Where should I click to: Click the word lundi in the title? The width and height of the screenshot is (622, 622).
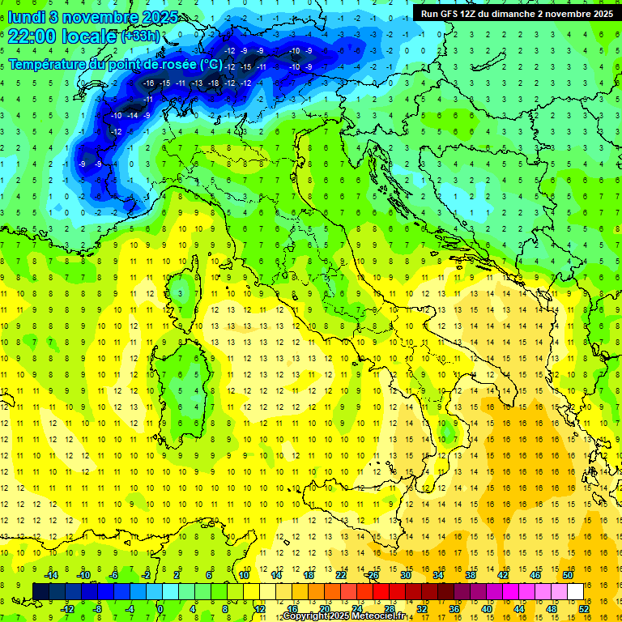(27, 18)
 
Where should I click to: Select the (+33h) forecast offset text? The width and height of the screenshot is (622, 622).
(140, 36)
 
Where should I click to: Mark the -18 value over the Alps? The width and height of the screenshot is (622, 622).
(213, 83)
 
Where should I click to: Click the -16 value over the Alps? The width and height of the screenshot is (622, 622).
(148, 83)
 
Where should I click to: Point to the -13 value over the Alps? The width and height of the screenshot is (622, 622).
(197, 83)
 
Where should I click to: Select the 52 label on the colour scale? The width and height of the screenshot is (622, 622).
(583, 609)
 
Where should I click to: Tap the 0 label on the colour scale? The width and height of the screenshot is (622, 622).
(160, 609)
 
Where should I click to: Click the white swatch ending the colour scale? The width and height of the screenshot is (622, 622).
(575, 592)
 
